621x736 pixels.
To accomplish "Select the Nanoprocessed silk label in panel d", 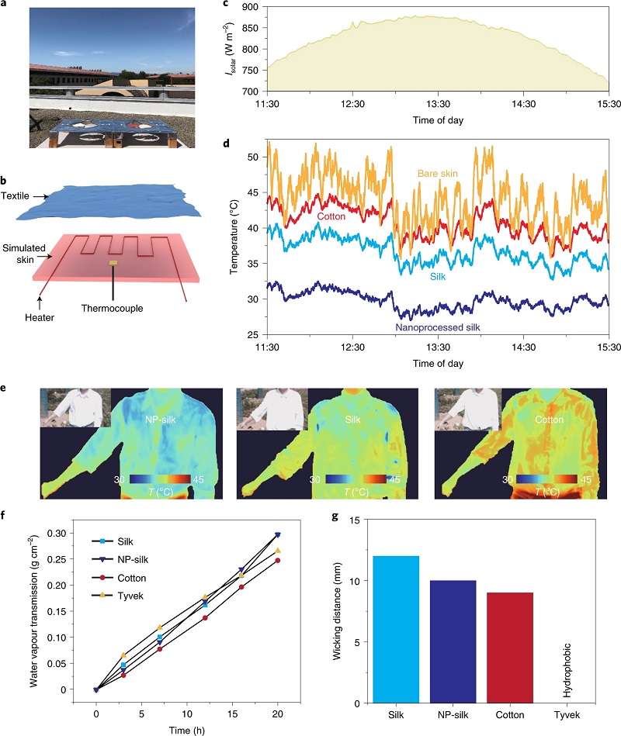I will tap(437, 328).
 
